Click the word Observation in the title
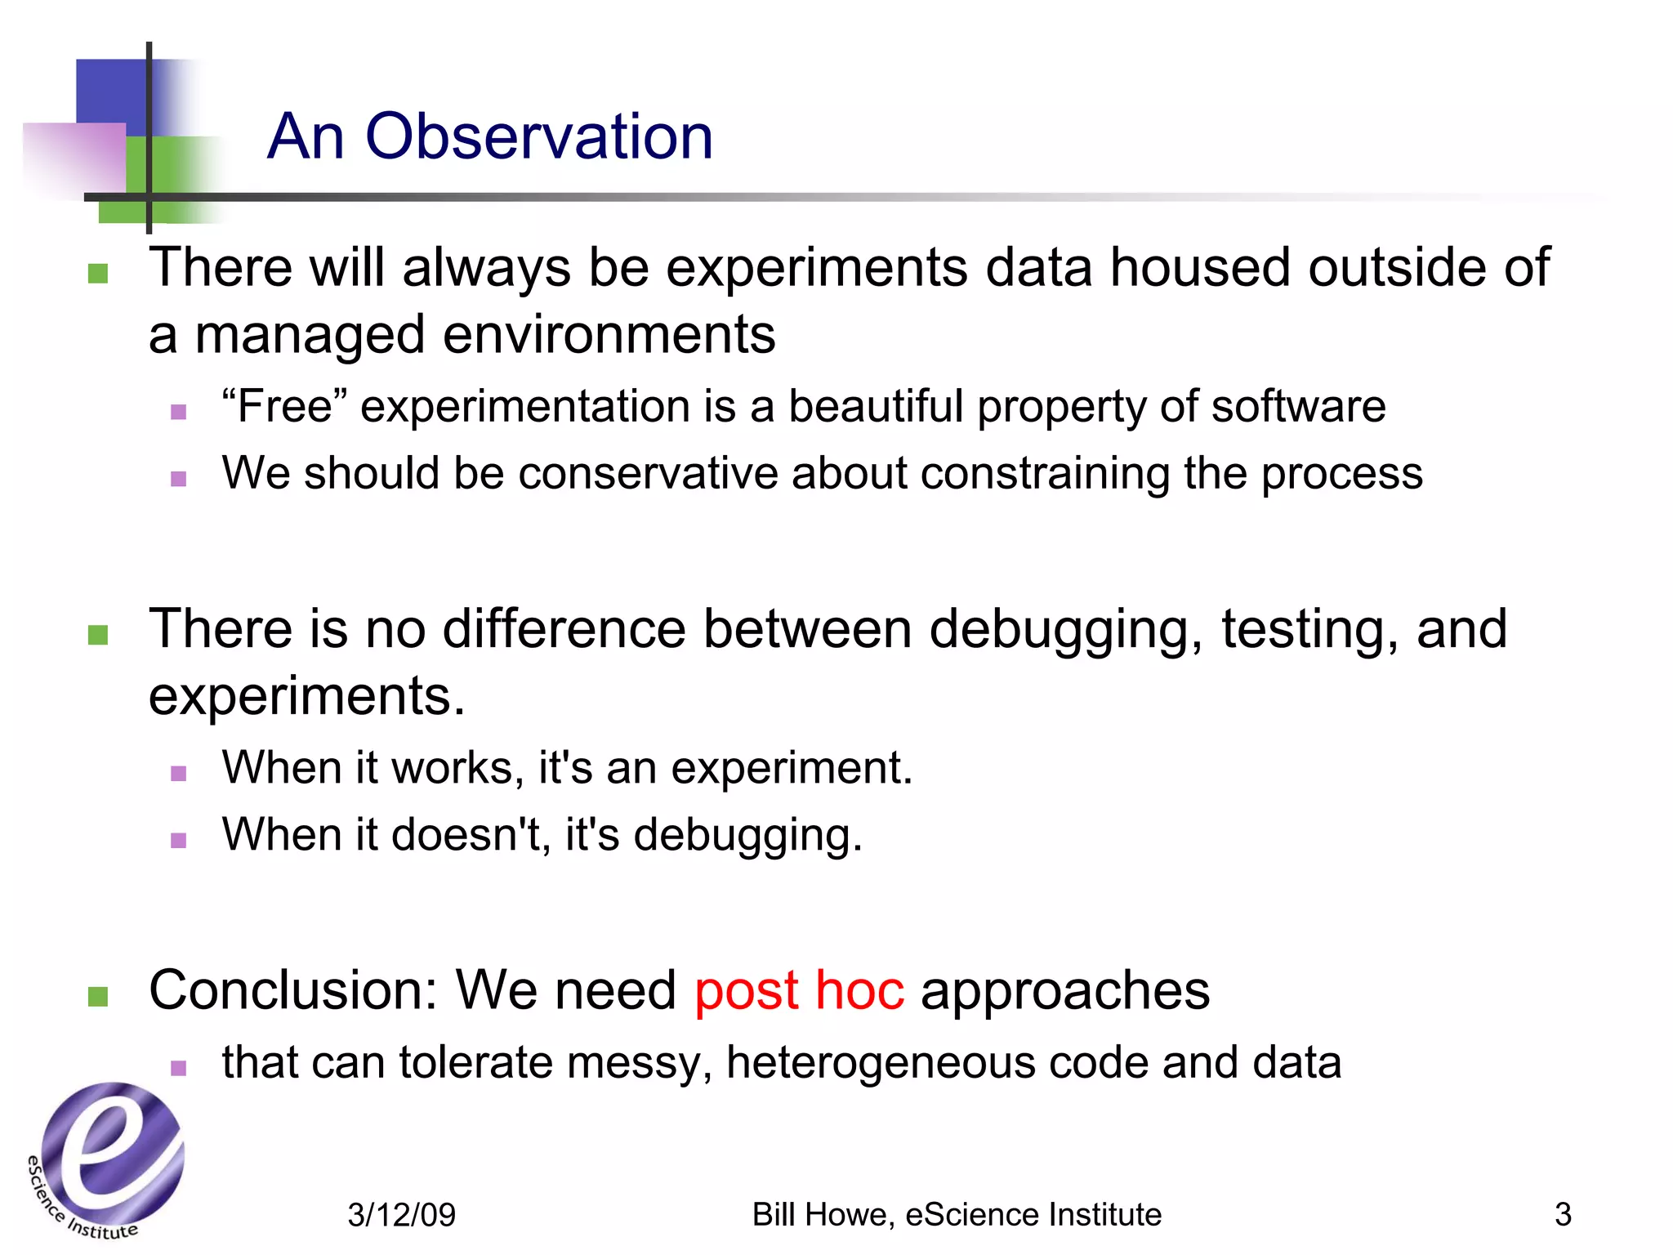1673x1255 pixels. (x=538, y=136)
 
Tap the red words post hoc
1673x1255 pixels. (x=799, y=991)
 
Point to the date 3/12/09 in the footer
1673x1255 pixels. (x=401, y=1215)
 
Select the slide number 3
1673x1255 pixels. (x=1562, y=1214)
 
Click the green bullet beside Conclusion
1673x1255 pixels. (x=98, y=996)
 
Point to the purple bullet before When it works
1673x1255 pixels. (x=179, y=773)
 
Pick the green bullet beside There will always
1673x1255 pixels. (x=98, y=273)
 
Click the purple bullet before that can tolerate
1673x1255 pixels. (x=179, y=1067)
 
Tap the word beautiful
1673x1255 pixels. (x=875, y=407)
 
